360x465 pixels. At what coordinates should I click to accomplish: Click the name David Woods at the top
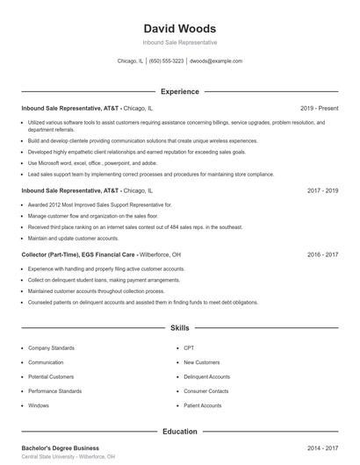179,28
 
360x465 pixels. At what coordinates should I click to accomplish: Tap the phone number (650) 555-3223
166,61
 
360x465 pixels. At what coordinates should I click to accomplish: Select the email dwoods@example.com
216,61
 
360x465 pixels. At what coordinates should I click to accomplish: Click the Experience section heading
179,91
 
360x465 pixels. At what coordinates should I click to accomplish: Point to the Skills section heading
179,328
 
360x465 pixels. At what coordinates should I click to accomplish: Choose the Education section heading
179,432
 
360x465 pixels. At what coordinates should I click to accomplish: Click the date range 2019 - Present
319,108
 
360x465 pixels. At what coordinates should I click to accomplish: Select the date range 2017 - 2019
322,190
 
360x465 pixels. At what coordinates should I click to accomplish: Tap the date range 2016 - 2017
322,254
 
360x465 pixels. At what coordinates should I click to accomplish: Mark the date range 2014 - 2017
322,447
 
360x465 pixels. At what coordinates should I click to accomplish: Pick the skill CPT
189,348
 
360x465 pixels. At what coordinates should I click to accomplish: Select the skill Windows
39,406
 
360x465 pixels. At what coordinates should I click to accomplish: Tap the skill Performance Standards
54,391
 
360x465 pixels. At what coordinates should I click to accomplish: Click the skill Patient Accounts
203,406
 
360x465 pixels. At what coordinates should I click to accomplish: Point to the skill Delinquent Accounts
206,377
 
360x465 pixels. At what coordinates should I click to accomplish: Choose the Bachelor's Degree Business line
60,447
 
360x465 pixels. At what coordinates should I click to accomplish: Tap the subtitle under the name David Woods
179,42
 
